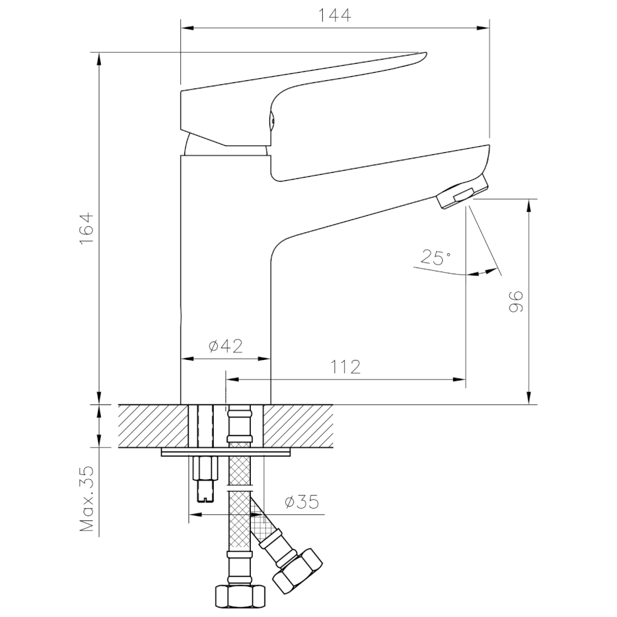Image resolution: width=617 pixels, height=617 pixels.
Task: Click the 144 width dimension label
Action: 335,15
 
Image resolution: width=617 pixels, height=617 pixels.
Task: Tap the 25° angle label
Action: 436,258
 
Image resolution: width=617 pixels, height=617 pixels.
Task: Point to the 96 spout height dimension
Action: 516,302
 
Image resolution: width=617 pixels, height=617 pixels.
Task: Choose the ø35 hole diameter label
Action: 302,503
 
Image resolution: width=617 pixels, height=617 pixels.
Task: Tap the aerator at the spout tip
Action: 462,193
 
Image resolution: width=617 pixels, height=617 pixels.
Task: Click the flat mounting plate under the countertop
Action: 226,452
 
